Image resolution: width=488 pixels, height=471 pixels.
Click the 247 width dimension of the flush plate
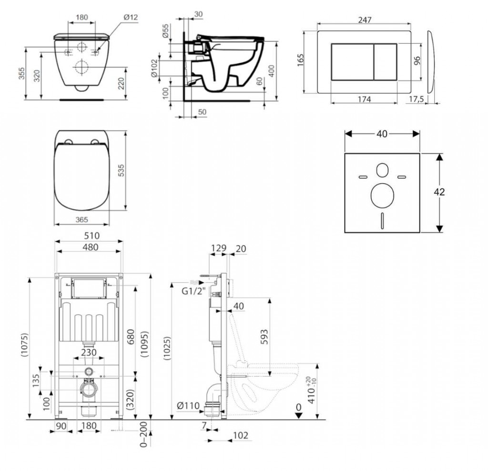click(x=365, y=20)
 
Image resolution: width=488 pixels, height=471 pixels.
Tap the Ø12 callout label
click(x=131, y=18)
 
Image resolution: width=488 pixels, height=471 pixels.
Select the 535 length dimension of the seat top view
click(x=121, y=171)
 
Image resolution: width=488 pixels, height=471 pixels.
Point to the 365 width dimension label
click(x=81, y=220)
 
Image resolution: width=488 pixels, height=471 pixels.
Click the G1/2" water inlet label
click(x=194, y=291)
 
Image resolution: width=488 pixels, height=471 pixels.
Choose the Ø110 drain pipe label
click(x=188, y=406)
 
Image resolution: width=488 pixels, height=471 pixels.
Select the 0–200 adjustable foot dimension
click(x=143, y=434)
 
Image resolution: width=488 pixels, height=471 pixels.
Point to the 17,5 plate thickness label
click(x=416, y=99)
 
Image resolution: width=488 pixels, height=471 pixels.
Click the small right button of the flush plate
click(x=385, y=62)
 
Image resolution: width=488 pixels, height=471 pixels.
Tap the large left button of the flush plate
click(x=352, y=62)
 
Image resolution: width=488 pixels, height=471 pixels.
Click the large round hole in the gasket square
click(x=382, y=196)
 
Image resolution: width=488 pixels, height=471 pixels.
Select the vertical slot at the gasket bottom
click(x=382, y=221)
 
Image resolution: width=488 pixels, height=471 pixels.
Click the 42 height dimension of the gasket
click(x=439, y=192)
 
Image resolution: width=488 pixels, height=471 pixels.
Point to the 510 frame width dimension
click(x=92, y=236)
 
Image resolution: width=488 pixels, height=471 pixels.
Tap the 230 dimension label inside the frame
click(x=89, y=353)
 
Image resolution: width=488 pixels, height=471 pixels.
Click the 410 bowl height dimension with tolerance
click(x=312, y=390)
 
